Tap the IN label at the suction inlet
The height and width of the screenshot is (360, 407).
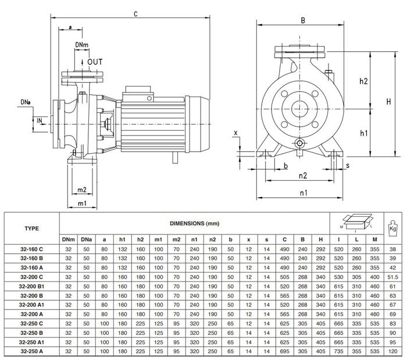[x=40, y=121]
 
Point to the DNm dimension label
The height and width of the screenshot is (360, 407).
[x=82, y=45]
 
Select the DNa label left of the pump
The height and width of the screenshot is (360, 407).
[x=26, y=103]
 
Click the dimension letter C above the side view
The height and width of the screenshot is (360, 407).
[x=135, y=13]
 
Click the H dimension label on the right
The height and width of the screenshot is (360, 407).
[x=388, y=102]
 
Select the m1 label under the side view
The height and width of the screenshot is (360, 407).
[x=82, y=203]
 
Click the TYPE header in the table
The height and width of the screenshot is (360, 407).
[x=32, y=228]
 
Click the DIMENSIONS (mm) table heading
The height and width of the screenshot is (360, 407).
[x=195, y=223]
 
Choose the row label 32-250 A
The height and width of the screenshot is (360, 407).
[x=32, y=352]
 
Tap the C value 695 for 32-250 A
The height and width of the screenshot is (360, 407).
[x=284, y=352]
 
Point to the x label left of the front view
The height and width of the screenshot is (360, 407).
[x=236, y=133]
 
